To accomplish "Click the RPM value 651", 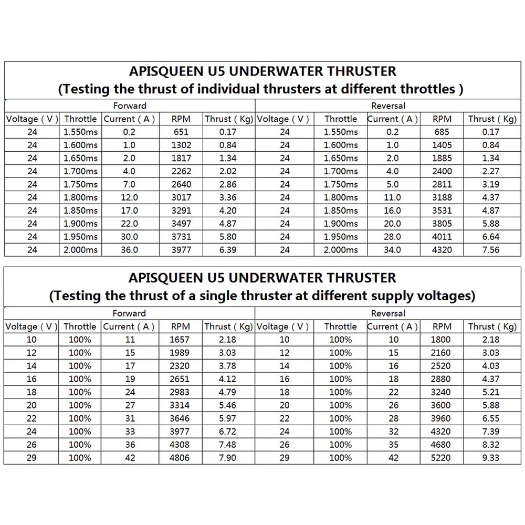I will point(181,132).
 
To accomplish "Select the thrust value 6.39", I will point(227,250).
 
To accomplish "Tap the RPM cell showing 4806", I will point(181,458).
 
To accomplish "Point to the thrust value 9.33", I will point(490,458).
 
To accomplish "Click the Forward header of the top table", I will point(129,106).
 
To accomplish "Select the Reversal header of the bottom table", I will point(388,313).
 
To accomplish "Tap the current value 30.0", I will point(129,237).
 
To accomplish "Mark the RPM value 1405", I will point(442,145).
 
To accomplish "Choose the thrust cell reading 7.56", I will point(490,250).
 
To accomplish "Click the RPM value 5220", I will point(442,458).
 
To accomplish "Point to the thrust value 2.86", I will point(227,184).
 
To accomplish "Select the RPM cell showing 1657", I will point(181,340).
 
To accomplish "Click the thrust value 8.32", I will point(490,445).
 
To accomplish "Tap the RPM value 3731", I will point(181,237).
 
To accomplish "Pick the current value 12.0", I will point(129,197).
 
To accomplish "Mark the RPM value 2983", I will point(181,392).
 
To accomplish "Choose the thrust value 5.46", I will point(227,405).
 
